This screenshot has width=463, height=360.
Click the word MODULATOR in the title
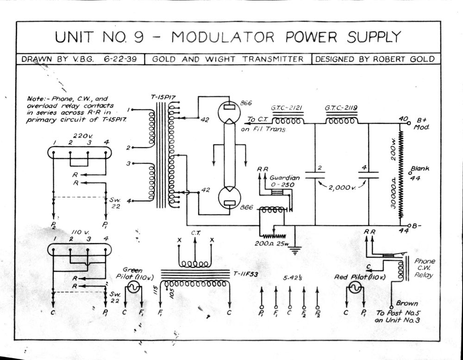click(x=223, y=37)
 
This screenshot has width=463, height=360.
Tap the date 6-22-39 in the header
click(x=120, y=59)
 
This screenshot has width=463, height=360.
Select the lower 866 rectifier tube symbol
click(x=229, y=198)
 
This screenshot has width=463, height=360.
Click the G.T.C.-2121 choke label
click(x=287, y=108)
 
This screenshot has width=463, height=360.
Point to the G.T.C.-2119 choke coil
click(x=342, y=120)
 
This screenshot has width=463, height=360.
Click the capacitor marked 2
click(x=315, y=175)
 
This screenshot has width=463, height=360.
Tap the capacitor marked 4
click(x=369, y=175)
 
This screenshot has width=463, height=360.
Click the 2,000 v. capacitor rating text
click(x=342, y=188)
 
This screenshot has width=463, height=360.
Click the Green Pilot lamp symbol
click(x=133, y=287)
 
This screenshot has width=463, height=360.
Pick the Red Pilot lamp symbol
click(x=355, y=287)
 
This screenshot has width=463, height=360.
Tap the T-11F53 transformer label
click(x=246, y=274)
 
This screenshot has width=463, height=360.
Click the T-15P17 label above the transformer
click(x=163, y=97)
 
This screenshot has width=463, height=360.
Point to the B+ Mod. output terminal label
click(x=421, y=124)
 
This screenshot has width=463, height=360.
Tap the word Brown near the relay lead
click(x=407, y=304)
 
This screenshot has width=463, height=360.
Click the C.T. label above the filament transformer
click(x=195, y=233)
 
